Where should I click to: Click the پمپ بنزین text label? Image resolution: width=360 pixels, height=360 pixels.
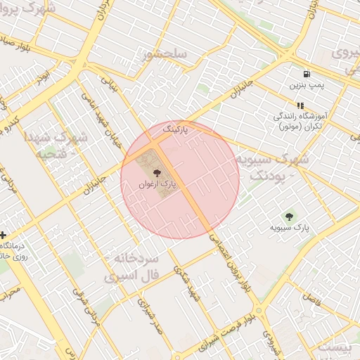tap(306, 85)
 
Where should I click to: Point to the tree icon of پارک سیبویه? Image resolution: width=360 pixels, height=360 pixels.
tap(289, 216)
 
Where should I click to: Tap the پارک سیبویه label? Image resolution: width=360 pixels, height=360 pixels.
tap(290, 228)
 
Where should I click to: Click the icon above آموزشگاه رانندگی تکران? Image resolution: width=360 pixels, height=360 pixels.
tap(300, 105)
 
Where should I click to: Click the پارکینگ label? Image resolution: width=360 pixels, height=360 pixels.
tap(176, 131)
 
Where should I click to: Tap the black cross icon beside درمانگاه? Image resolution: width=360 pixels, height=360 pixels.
tap(4, 235)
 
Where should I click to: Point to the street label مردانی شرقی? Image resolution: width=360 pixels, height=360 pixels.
tap(92, 317)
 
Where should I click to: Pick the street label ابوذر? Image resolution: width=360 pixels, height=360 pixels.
tap(44, 77)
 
